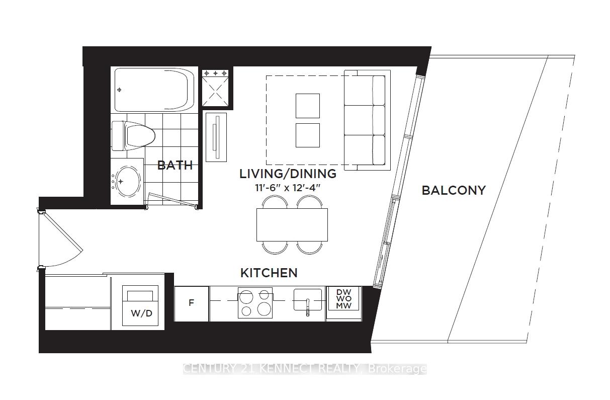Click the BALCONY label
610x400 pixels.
coord(453,190)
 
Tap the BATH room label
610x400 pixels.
coord(175,165)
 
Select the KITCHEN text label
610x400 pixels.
coord(269,273)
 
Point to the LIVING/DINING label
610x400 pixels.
coord(288,174)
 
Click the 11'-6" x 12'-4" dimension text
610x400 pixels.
coord(288,188)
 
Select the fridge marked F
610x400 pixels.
coord(191,303)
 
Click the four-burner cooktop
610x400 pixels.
coord(255,303)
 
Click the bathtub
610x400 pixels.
coord(154,90)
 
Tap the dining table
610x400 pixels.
coord(292,224)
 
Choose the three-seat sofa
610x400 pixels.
coord(365,120)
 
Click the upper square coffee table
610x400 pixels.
coord(307,106)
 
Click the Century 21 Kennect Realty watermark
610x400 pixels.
coord(304,369)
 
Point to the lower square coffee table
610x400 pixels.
coord(307,135)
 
